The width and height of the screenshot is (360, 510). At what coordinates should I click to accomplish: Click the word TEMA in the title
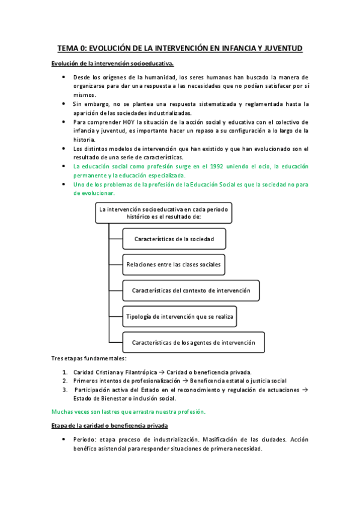point(68,48)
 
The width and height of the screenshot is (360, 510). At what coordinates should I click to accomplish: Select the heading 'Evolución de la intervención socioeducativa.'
point(113,63)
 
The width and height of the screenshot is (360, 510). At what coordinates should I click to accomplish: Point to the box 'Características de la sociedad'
point(174,239)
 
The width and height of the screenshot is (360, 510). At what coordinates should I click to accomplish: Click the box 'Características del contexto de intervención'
point(191,290)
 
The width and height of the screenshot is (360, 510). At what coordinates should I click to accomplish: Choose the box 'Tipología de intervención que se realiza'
point(180,316)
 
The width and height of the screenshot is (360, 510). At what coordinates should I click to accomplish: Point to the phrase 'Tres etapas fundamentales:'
point(88,358)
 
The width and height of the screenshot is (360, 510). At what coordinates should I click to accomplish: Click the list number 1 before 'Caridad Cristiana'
point(65,372)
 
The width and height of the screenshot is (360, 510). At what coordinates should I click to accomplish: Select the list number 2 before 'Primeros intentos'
point(65,381)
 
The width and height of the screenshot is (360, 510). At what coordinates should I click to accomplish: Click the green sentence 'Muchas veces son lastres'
point(128,411)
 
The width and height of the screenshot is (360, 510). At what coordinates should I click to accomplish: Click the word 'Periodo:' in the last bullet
point(86,440)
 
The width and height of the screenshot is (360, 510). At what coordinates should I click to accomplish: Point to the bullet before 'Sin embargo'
point(64,104)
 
